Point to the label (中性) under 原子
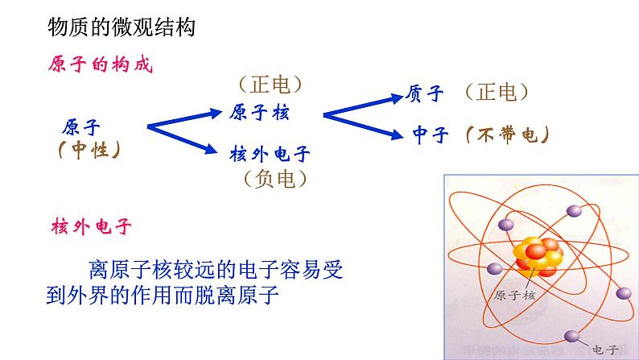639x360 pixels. [x=89, y=151]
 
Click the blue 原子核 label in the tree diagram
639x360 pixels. [x=258, y=113]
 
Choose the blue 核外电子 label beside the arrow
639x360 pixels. [x=270, y=154]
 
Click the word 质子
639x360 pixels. [x=426, y=94]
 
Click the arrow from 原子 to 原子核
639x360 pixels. [x=186, y=117]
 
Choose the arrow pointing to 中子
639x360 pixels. [x=362, y=126]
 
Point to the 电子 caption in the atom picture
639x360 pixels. [x=604, y=349]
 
